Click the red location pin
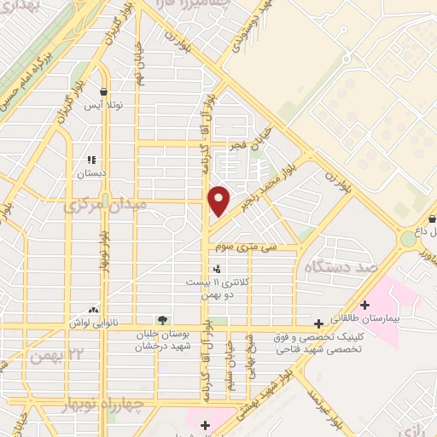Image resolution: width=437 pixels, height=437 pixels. (219, 201)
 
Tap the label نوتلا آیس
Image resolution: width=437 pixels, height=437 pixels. (103, 106)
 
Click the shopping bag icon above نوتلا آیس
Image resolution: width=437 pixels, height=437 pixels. (103, 91)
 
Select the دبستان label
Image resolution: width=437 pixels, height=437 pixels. (90, 173)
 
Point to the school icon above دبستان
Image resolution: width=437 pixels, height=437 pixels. (91, 159)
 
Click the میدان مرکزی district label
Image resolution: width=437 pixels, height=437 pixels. (94, 205)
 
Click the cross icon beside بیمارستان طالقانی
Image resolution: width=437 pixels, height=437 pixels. (366, 305)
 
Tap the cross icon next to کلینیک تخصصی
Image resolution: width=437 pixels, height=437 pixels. (318, 323)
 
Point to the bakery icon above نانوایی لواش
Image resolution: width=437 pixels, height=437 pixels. (93, 311)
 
